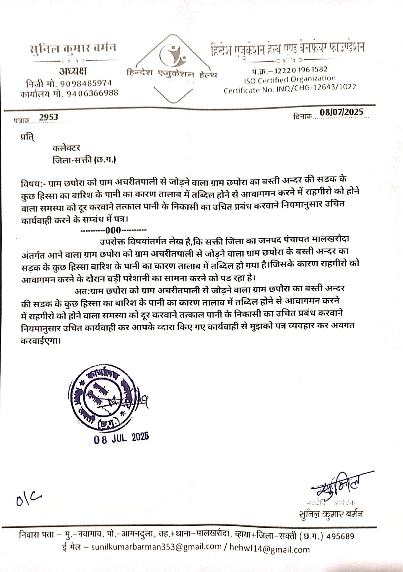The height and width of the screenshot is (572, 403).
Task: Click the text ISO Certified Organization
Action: click(289, 79)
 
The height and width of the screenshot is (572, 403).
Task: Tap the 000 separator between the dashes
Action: click(114, 230)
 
